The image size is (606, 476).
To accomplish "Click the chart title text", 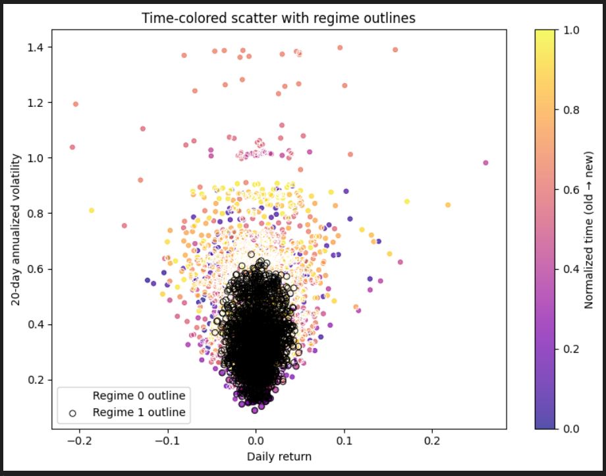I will pyautogui.click(x=279, y=18).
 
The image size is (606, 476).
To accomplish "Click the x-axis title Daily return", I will pyautogui.click(x=279, y=456).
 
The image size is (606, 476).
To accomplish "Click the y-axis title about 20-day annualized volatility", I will pyautogui.click(x=15, y=229).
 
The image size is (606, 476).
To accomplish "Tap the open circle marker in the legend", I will pyautogui.click(x=72, y=413).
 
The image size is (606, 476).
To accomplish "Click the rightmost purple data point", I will pyautogui.click(x=485, y=162).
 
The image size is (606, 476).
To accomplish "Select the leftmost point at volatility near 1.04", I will pyautogui.click(x=72, y=147).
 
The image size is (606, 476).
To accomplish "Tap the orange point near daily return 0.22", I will pyautogui.click(x=448, y=205).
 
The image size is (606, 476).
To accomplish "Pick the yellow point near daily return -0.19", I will pyautogui.click(x=92, y=210).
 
